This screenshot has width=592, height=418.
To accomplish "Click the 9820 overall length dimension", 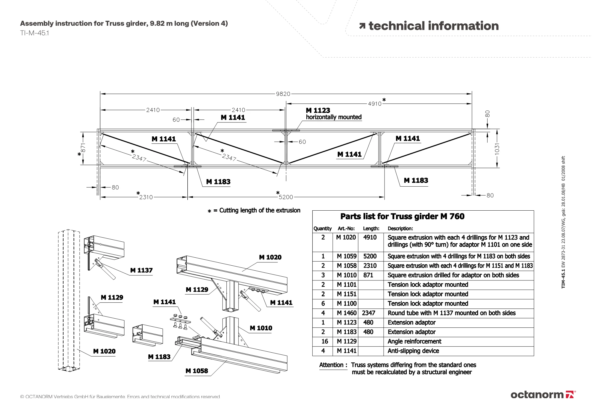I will tap(283, 94).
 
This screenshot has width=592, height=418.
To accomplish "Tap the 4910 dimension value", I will tap(375, 104).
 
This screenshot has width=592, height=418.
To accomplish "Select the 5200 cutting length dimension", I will tap(286, 197).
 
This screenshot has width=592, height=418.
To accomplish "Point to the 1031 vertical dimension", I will tap(497, 149).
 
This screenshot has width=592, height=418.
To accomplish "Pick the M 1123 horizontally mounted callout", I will tap(333, 114).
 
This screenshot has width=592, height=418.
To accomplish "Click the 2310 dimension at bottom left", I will tap(146, 197).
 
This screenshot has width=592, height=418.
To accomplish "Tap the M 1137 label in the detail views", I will tap(141, 270).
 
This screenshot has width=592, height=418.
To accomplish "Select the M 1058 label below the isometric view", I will tap(197, 371).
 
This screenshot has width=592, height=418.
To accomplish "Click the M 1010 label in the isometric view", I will tap(261, 328).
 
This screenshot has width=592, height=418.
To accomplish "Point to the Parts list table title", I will tap(402, 217).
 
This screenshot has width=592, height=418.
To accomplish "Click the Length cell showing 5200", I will tap(370, 256).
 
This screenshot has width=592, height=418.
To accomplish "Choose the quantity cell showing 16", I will tap(324, 341).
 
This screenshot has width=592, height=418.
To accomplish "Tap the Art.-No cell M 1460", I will tap(347, 313).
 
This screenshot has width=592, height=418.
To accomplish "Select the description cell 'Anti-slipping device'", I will tap(413, 351).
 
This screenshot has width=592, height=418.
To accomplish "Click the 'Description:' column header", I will tap(400, 228).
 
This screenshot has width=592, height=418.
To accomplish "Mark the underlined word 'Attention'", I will tap(331, 365).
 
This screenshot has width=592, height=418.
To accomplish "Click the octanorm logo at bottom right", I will tap(543, 395).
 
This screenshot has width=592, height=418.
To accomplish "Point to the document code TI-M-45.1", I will tap(35, 33).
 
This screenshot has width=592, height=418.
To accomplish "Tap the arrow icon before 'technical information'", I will tap(362, 26).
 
